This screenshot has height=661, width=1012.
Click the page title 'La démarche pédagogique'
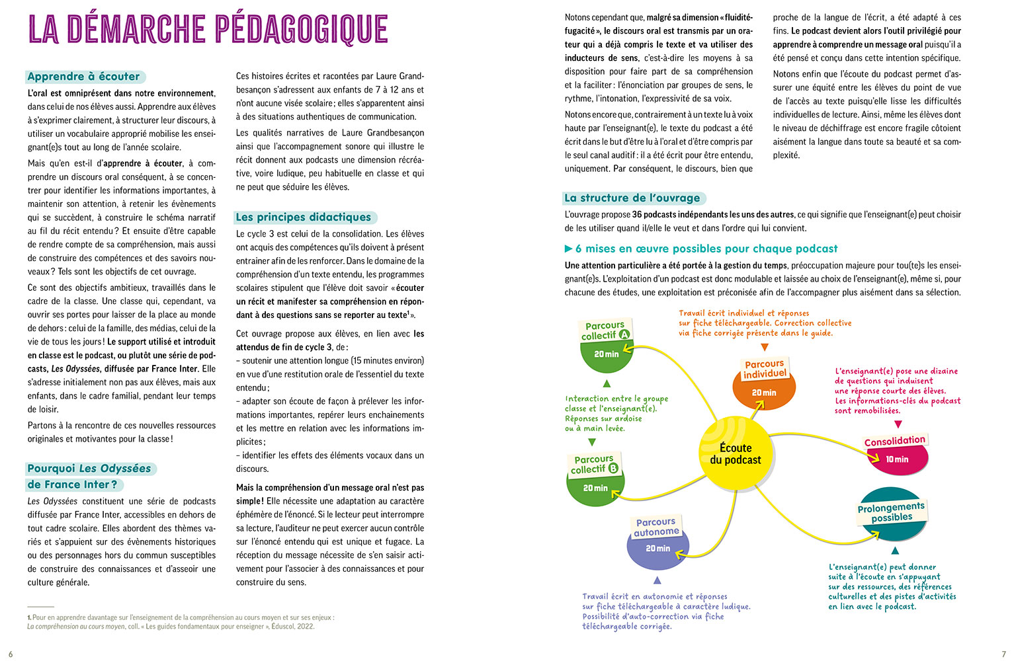(208, 30)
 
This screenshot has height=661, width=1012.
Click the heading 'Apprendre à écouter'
(84, 77)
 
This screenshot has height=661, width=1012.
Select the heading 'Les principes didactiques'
(304, 217)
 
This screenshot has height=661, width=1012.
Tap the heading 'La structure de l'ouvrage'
(632, 198)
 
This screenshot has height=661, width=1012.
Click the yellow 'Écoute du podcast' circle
(735, 454)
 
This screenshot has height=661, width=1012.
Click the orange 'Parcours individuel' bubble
(765, 383)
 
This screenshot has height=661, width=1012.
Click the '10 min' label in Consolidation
(897, 459)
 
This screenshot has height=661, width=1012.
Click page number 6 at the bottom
(11, 654)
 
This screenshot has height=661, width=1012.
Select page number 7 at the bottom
(1003, 654)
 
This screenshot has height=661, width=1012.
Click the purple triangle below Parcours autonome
(657, 580)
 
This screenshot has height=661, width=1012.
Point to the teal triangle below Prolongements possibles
(895, 551)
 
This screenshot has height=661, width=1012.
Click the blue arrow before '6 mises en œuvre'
(568, 249)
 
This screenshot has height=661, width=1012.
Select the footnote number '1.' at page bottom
(30, 618)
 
